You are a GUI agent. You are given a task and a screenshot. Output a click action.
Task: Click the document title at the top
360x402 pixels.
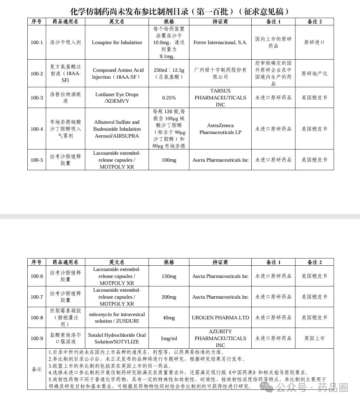pos(180,11)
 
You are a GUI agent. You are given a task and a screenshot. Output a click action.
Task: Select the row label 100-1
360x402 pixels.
pos(37,42)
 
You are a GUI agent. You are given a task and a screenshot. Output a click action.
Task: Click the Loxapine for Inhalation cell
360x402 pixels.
pos(117,42)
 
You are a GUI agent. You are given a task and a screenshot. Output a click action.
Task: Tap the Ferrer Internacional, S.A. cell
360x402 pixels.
pos(220,42)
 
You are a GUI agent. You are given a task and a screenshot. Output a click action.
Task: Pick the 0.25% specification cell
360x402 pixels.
pos(169,98)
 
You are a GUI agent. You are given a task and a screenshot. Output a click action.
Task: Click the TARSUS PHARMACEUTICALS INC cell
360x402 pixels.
pos(220,98)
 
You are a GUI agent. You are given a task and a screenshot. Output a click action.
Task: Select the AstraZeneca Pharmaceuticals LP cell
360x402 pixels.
pos(220,129)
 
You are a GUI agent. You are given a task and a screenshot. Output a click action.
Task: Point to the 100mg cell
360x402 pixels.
pos(169,160)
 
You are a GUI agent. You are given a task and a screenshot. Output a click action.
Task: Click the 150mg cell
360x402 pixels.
pos(169,276)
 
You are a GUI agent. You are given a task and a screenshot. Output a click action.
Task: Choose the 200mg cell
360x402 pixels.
pos(169,297)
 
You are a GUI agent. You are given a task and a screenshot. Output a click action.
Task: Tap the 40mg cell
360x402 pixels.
pos(169,318)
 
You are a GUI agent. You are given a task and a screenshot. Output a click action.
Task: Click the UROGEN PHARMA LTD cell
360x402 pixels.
pos(220,318)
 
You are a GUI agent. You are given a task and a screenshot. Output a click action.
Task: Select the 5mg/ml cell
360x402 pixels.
pos(169,338)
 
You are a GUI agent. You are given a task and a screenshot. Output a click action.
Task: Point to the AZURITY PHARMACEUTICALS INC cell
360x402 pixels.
pos(220,338)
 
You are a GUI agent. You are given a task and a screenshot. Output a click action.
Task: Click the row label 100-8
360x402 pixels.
pos(37,318)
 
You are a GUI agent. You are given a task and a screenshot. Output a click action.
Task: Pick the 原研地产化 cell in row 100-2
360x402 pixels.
pos(315,73)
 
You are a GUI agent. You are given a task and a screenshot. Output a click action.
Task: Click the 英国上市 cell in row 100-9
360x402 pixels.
pos(315,338)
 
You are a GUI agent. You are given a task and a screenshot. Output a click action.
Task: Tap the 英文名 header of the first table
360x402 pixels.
pos(117,22)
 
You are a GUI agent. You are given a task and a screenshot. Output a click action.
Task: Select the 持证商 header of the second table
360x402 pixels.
pos(220,262)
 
